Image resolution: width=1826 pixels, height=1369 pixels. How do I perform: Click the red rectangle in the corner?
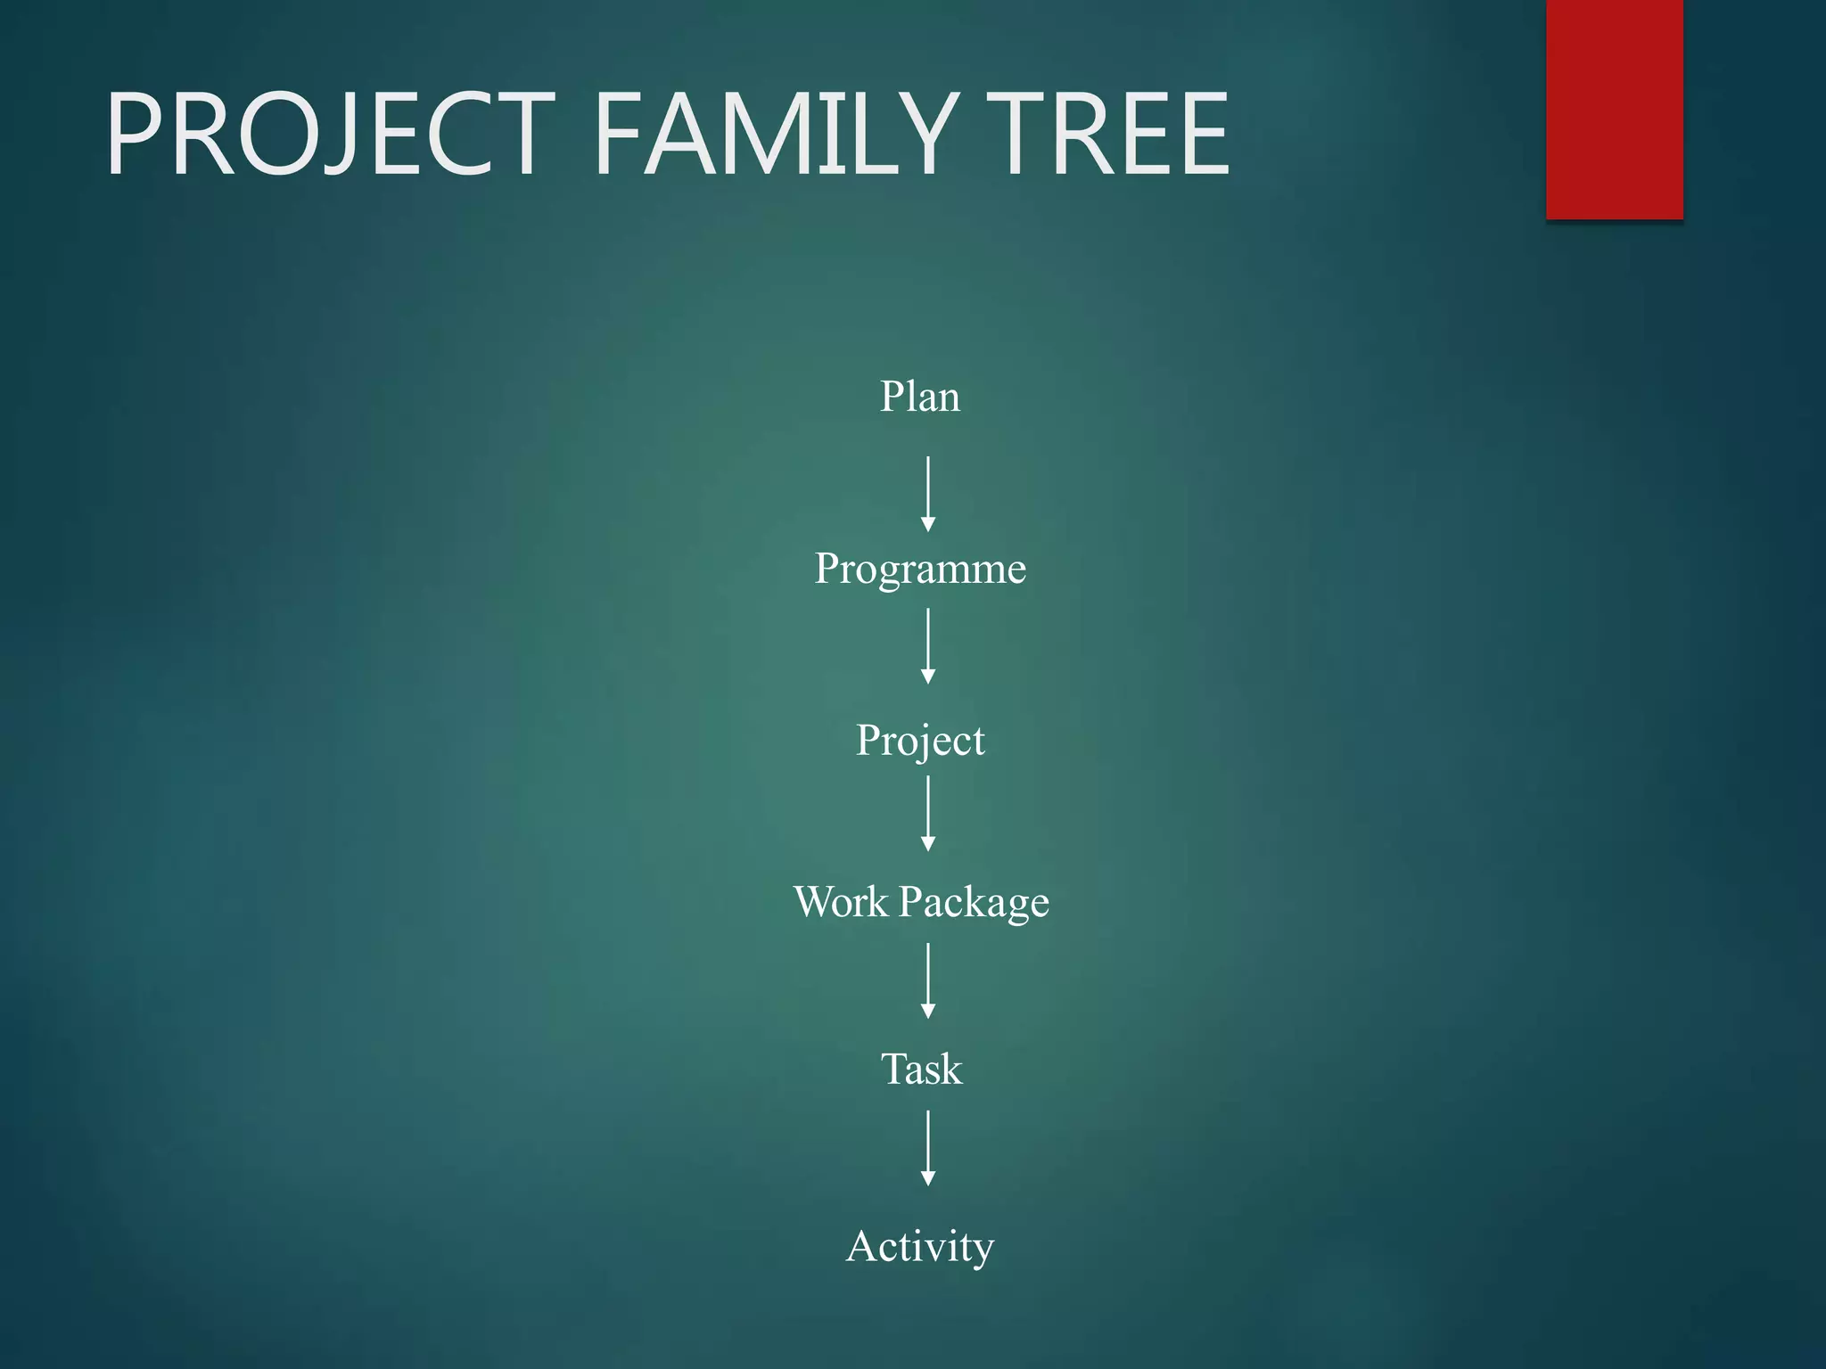[x=1614, y=109]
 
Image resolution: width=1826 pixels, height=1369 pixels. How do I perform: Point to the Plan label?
[x=920, y=397]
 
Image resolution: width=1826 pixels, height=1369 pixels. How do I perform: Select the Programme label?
[x=920, y=569]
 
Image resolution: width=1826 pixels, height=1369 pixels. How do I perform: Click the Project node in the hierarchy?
[x=920, y=740]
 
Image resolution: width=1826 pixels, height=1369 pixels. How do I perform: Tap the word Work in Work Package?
[x=841, y=901]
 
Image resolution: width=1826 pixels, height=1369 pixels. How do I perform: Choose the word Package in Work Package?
[x=974, y=902]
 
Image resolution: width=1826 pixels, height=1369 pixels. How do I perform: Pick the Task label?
[x=921, y=1069]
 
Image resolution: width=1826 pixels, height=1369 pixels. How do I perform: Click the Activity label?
[x=920, y=1246]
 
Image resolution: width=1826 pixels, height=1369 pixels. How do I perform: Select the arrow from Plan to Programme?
[x=928, y=493]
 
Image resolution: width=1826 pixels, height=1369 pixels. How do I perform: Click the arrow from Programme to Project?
[x=928, y=645]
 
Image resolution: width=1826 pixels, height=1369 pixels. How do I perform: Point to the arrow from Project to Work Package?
[x=928, y=812]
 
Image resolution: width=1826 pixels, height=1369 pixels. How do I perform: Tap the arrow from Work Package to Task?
[x=928, y=980]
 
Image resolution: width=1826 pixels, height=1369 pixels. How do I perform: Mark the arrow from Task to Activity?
[x=928, y=1147]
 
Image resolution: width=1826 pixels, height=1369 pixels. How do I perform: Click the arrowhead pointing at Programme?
[x=928, y=524]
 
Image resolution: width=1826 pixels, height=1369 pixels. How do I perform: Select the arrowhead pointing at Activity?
[x=928, y=1178]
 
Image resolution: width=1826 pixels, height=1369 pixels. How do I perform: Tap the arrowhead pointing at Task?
[x=928, y=1011]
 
